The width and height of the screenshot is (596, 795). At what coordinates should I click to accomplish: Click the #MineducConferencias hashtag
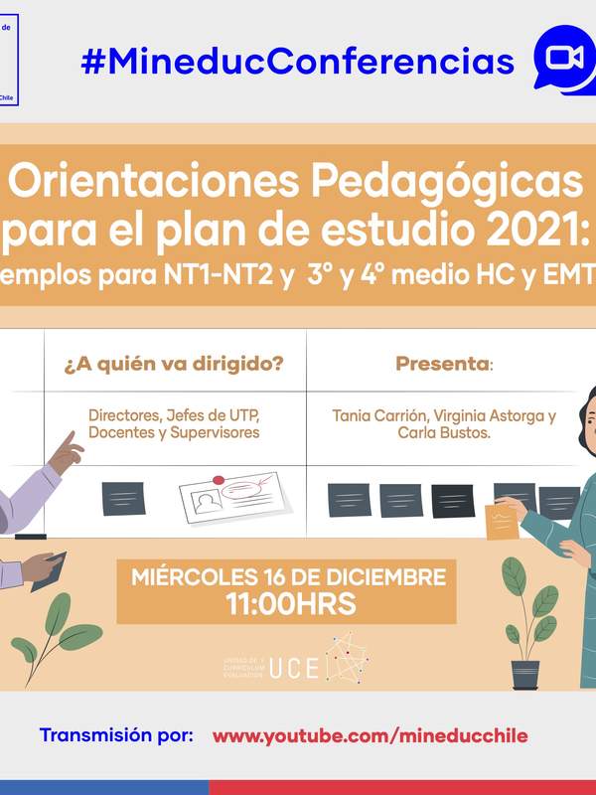click(x=298, y=62)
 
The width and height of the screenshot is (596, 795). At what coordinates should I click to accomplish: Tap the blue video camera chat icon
click(x=561, y=59)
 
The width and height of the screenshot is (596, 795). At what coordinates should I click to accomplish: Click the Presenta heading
click(x=444, y=364)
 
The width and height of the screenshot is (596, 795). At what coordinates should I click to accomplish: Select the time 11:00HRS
click(x=289, y=603)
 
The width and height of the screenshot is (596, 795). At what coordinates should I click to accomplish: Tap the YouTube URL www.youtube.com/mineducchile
click(x=370, y=736)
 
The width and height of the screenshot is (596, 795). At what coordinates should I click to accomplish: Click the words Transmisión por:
click(x=116, y=736)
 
